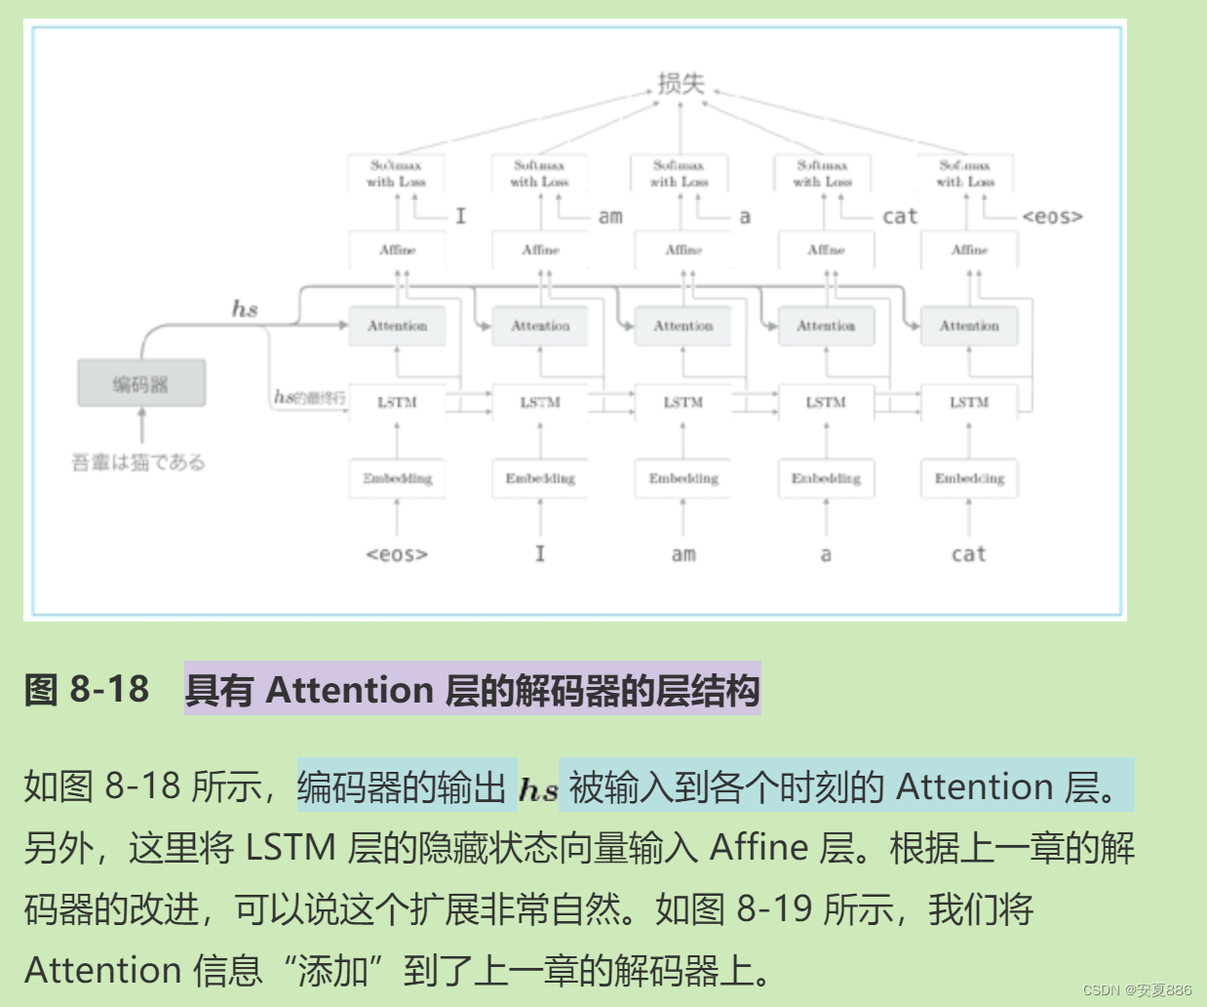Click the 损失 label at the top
[681, 84]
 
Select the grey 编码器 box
[141, 383]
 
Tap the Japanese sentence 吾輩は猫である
[138, 462]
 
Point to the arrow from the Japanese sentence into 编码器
[142, 426]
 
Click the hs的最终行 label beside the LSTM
[309, 397]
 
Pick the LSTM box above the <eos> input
[397, 402]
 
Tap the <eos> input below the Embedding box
[397, 554]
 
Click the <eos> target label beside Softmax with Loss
[1052, 217]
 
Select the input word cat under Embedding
[968, 554]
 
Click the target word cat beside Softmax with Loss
[900, 217]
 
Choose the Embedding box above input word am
[683, 478]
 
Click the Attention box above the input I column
[540, 326]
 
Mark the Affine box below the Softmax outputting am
[540, 250]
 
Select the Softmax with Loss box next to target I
[397, 174]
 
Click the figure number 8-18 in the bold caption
[109, 690]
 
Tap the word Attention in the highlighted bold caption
[349, 691]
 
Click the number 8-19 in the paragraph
[774, 909]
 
